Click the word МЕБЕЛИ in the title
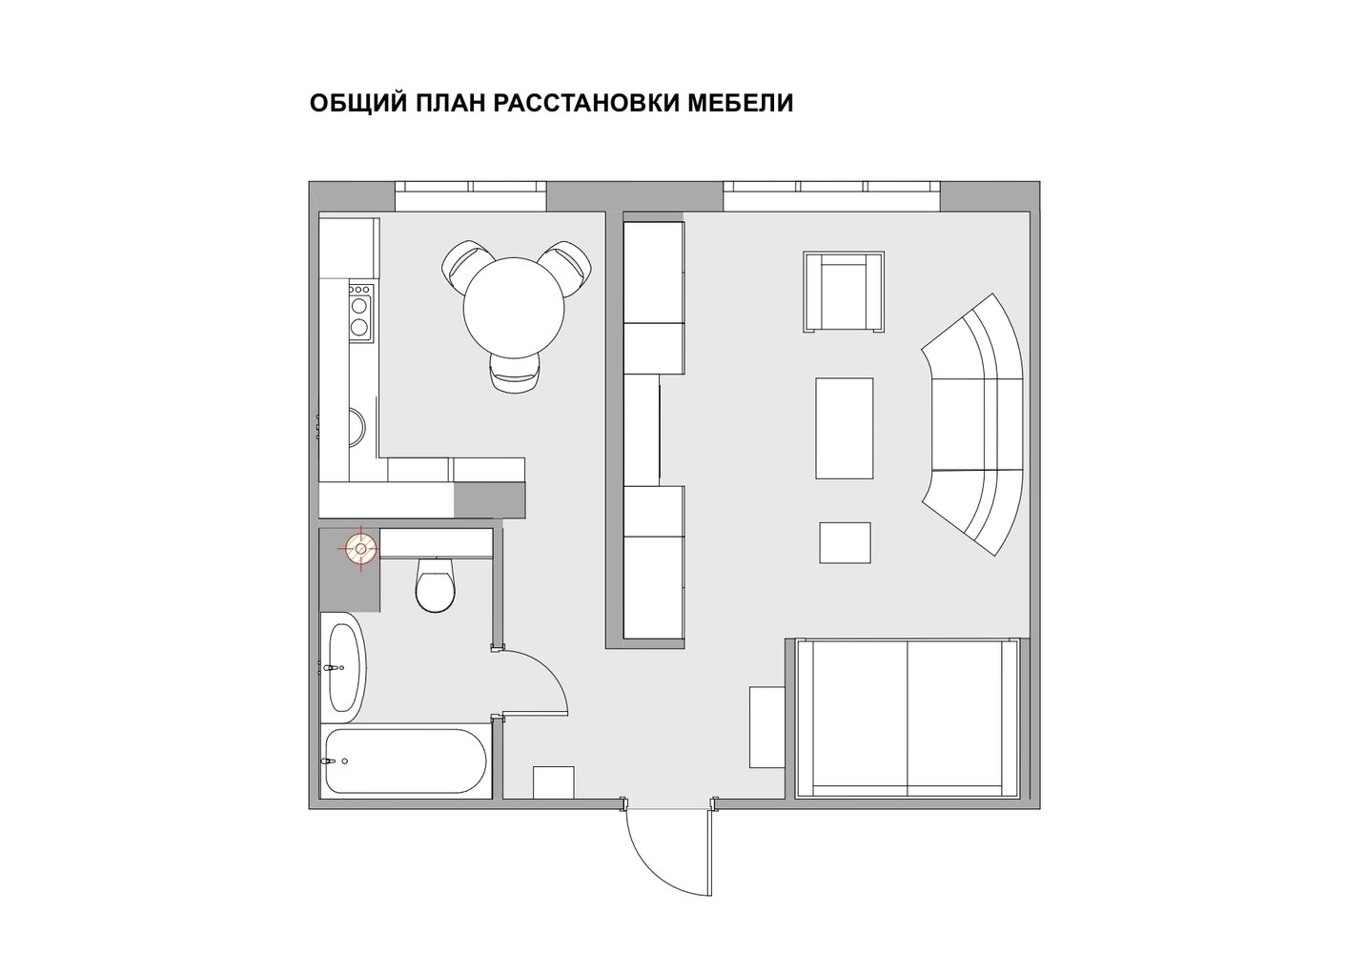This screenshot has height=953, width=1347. point(741,103)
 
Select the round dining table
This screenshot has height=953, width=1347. point(514,308)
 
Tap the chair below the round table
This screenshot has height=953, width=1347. point(517,373)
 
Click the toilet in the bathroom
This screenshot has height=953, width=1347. point(436,584)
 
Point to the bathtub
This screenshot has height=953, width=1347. point(406,760)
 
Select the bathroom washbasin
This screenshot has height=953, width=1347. point(343,667)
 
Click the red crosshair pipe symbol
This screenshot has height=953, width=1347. point(360,548)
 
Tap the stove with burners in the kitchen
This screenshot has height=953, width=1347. point(360,313)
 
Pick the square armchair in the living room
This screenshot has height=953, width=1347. point(844,292)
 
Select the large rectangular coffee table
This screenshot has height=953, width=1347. point(845,428)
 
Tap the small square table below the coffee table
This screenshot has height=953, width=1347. point(845,542)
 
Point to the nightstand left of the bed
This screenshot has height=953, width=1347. point(766,727)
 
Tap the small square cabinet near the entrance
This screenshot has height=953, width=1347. point(553,782)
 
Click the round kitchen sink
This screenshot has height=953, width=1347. point(357,428)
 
